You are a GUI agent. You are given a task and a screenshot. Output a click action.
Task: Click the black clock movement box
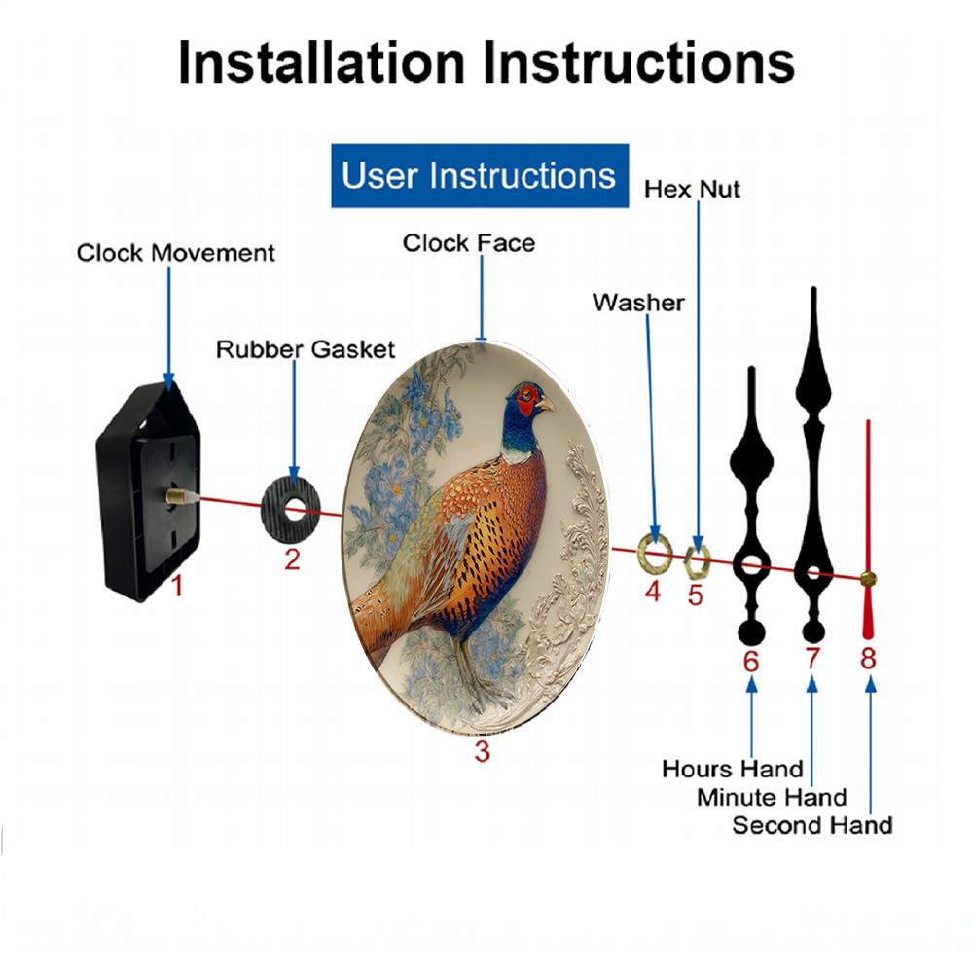click(x=148, y=490)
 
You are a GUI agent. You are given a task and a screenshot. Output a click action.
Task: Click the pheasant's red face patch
click(x=527, y=400)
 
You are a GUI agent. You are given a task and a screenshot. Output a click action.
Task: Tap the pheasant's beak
click(x=545, y=404)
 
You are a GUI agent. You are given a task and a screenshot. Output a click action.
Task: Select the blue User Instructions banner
click(x=480, y=175)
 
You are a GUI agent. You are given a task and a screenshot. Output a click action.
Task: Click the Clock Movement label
click(x=175, y=253)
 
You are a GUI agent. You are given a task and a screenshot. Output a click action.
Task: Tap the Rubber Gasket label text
click(x=306, y=349)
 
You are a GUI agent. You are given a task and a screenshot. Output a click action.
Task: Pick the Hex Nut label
click(x=692, y=190)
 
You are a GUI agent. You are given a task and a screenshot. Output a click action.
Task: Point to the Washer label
click(x=638, y=303)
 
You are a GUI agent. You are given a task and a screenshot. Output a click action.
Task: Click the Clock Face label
click(x=469, y=243)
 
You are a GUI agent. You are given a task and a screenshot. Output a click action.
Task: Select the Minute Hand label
click(x=772, y=798)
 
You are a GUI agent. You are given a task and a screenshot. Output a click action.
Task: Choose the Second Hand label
click(x=812, y=825)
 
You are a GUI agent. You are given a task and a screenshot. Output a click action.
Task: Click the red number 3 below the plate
click(x=483, y=751)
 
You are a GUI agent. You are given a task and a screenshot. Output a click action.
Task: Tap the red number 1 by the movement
click(x=177, y=586)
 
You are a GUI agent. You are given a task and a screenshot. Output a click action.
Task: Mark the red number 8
click(x=868, y=658)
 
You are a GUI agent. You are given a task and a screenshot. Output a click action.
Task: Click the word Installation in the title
click(x=322, y=62)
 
